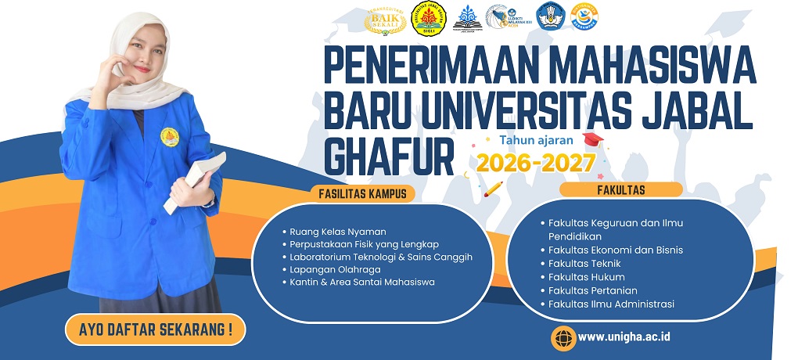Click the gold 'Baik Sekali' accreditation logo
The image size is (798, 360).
coord(385,18)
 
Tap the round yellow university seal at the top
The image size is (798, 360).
coord(428,19)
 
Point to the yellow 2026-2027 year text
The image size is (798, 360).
coord(537,163)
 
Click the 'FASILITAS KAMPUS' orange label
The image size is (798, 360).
coord(363,193)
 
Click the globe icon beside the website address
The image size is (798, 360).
coord(563,337)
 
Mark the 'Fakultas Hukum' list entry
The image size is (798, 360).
coord(586,277)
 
